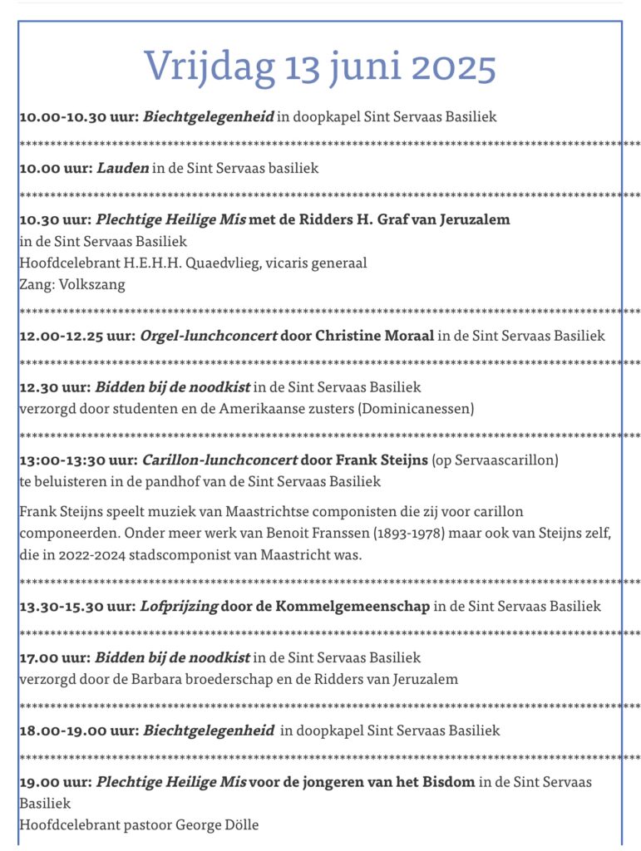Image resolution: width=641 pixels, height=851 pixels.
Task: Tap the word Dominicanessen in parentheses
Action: coord(424,408)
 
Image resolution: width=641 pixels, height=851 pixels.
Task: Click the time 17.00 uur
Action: coord(55,658)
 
